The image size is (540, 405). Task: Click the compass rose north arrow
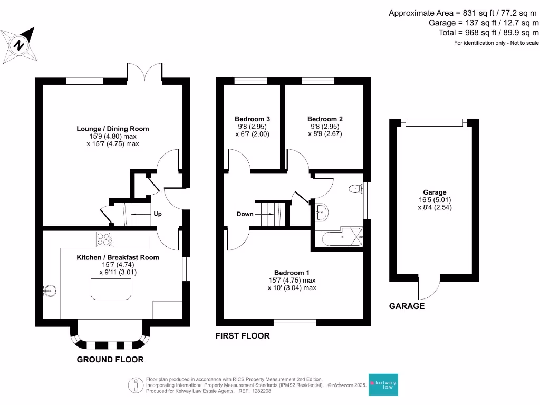(20, 45)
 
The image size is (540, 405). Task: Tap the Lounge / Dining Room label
(113, 129)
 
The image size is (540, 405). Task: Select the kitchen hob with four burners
(104, 239)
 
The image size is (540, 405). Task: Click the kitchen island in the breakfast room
(111, 289)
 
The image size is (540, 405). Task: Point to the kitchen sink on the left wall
(49, 290)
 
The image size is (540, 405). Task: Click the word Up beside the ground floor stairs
(157, 214)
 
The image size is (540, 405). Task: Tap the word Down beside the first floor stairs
(245, 214)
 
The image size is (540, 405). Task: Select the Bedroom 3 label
(252, 119)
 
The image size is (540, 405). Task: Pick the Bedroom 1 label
(288, 273)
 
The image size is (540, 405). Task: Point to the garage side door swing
(430, 288)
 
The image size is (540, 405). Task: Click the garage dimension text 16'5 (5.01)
(434, 200)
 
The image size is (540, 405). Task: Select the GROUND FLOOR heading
(110, 360)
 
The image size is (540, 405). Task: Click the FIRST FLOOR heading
(243, 336)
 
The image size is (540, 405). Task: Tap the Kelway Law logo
(383, 385)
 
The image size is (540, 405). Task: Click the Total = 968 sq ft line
(489, 32)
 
